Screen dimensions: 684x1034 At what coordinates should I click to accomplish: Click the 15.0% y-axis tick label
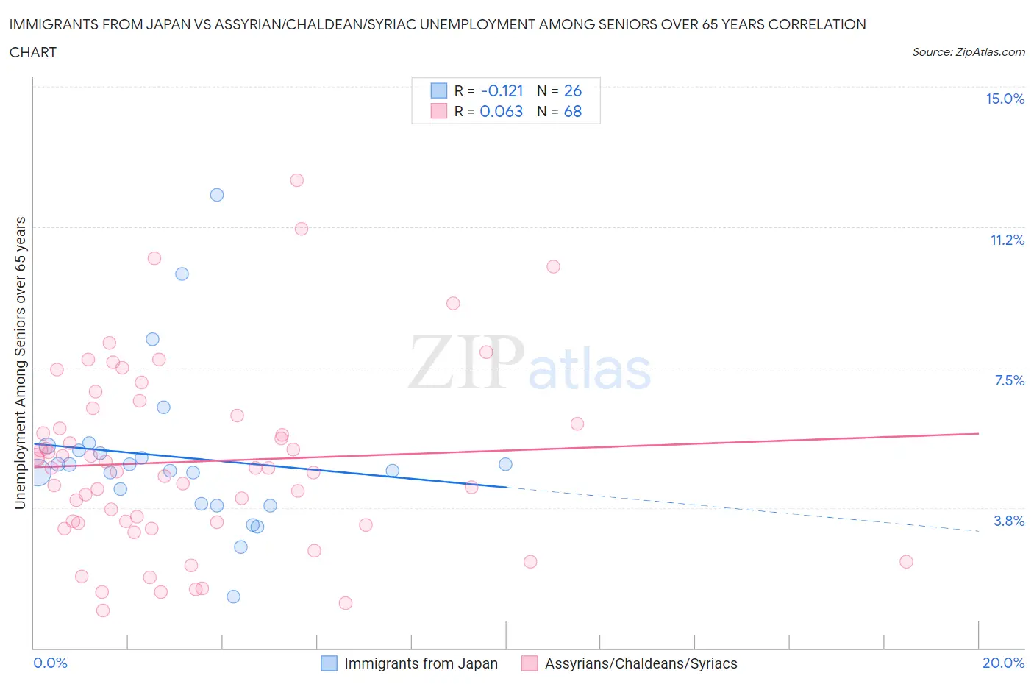pyautogui.click(x=1005, y=99)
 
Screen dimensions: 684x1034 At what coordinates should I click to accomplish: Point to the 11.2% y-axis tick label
pyautogui.click(x=1007, y=241)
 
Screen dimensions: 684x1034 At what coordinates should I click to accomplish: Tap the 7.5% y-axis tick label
pyautogui.click(x=1009, y=381)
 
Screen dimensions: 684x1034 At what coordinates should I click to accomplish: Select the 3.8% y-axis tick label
pyautogui.click(x=1009, y=521)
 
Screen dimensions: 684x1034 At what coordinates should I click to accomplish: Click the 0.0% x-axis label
pyautogui.click(x=50, y=663)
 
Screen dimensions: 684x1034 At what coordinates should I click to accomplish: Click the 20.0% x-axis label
pyautogui.click(x=1003, y=663)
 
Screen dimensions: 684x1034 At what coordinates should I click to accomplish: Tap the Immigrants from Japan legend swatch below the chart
pyautogui.click(x=329, y=663)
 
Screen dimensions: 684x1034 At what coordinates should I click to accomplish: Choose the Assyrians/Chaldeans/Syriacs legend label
pyautogui.click(x=641, y=663)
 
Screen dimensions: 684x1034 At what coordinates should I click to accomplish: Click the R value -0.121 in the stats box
pyautogui.click(x=502, y=91)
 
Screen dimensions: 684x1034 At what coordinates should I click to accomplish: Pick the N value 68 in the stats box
pyautogui.click(x=572, y=112)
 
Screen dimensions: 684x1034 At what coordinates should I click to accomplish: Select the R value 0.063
pyautogui.click(x=501, y=112)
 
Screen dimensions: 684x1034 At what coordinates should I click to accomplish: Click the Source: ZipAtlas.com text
pyautogui.click(x=968, y=52)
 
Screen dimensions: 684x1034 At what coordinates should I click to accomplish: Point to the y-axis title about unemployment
pyautogui.click(x=21, y=363)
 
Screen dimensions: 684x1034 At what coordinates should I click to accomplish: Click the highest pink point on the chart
pyautogui.click(x=296, y=180)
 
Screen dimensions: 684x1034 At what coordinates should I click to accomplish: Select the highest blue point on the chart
pyautogui.click(x=217, y=195)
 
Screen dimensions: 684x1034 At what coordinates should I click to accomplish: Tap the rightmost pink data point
pyautogui.click(x=906, y=562)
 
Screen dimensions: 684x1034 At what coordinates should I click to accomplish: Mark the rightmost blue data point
pyautogui.click(x=505, y=464)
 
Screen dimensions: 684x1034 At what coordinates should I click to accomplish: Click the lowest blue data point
pyautogui.click(x=233, y=596)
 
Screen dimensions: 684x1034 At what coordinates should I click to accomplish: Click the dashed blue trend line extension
pyautogui.click(x=735, y=508)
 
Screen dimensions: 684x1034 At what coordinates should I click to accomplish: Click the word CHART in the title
pyautogui.click(x=33, y=52)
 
